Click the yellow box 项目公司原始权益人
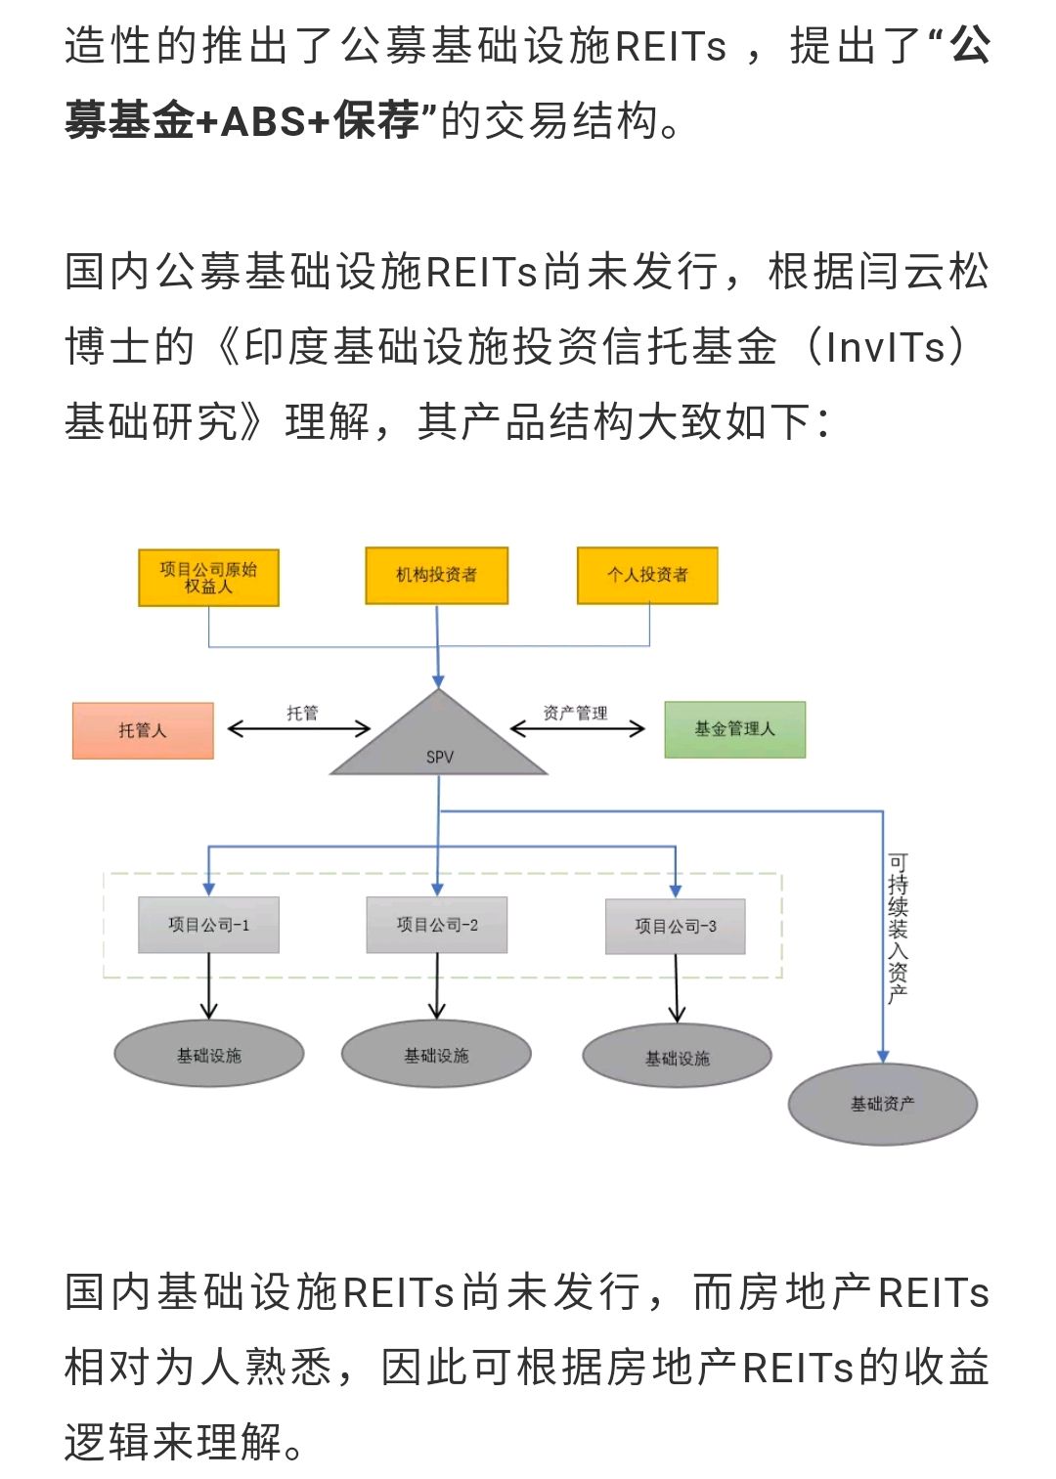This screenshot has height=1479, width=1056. click(x=208, y=578)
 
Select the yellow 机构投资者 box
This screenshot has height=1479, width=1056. click(x=436, y=576)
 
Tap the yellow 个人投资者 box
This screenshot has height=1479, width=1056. click(x=647, y=576)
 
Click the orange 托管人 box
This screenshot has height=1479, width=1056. click(x=143, y=730)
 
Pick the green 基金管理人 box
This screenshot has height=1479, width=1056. click(x=734, y=729)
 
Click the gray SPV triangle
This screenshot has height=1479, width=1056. click(x=439, y=742)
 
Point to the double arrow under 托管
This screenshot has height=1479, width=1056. click(x=299, y=728)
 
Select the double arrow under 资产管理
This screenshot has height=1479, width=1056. click(x=578, y=728)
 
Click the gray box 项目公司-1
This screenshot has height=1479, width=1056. click(x=208, y=925)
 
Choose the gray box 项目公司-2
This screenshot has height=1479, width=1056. click(x=436, y=925)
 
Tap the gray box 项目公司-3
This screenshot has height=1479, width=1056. click(x=675, y=926)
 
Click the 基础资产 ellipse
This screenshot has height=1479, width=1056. click(x=882, y=1104)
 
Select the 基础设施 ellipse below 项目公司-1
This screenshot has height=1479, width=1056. click(x=208, y=1055)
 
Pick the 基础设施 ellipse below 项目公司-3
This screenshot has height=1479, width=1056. click(x=677, y=1057)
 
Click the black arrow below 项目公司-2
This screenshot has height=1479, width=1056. click(x=436, y=987)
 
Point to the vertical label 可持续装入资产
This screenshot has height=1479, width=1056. click(x=898, y=929)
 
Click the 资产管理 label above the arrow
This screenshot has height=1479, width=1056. click(x=575, y=713)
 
